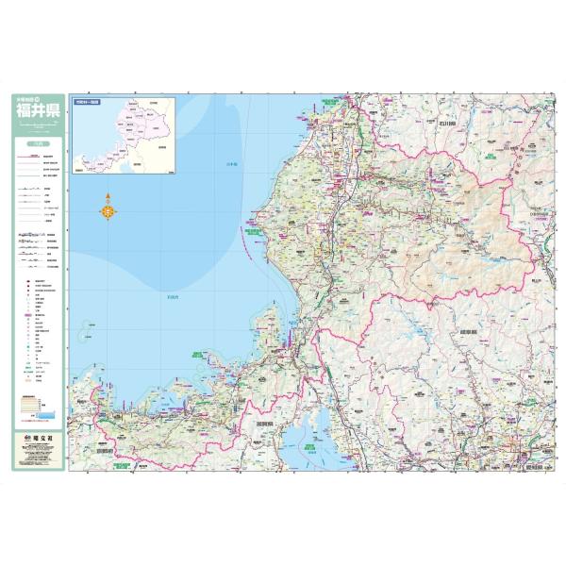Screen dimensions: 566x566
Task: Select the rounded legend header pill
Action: tap(38, 143)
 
